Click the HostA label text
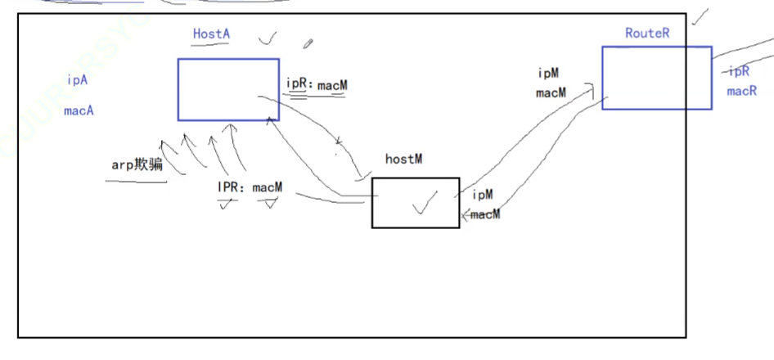point(210,34)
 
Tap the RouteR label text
point(647,34)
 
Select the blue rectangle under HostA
point(228,89)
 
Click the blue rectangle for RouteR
point(656,78)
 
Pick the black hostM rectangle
point(415,202)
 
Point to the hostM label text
point(403,159)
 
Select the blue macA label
point(79,110)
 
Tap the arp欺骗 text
point(137,164)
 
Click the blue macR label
point(741,91)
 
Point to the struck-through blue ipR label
point(738,71)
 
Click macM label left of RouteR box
point(551,92)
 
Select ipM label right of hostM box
point(483,195)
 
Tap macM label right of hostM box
point(484,214)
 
